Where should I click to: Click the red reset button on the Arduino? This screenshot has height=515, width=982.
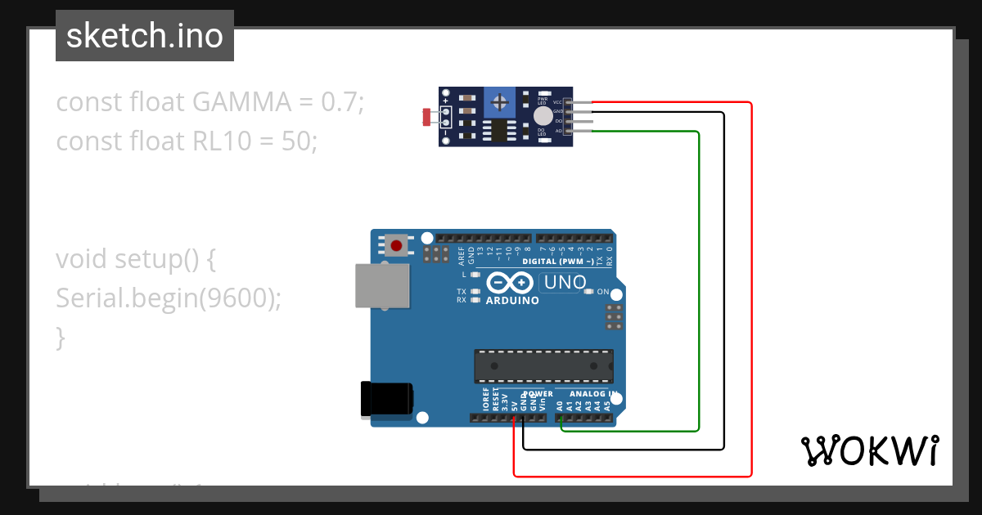(398, 244)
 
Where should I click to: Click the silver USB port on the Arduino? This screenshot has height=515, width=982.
(383, 285)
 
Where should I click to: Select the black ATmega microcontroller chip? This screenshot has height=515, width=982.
(543, 365)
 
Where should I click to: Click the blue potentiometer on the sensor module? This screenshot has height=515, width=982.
(498, 103)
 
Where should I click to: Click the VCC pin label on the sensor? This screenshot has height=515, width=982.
(557, 102)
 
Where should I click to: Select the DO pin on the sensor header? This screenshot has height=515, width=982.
(579, 121)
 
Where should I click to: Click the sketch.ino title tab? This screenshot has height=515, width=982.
(145, 36)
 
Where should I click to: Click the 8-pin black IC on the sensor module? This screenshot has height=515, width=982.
(498, 130)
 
